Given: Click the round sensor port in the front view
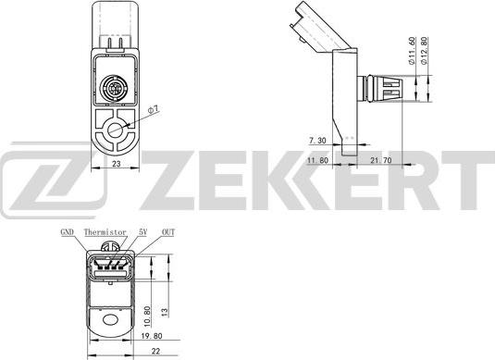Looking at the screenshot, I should (115, 90).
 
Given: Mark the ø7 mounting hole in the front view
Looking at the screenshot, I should (117, 131).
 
